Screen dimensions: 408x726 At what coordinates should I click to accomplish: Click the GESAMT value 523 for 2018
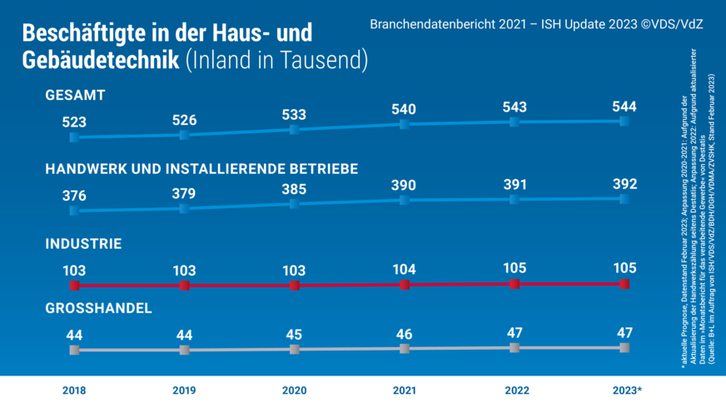[x=74, y=122]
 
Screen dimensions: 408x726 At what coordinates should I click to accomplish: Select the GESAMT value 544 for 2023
[x=624, y=107]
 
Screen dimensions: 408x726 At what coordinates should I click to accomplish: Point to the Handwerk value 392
[x=624, y=183]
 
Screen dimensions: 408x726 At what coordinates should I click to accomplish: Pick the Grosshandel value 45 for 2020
[x=294, y=335]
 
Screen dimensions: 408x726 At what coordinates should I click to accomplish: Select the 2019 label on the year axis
[x=184, y=391]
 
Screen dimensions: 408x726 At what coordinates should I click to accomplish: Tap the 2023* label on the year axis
[x=625, y=391]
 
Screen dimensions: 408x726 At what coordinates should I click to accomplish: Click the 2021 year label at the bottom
[x=404, y=391]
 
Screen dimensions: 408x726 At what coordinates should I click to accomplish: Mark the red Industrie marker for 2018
[x=74, y=286]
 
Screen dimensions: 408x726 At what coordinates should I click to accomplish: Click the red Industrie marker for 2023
[x=624, y=283]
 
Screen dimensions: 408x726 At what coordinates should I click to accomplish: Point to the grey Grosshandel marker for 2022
[x=515, y=347]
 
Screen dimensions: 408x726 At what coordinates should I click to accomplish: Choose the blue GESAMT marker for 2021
[x=404, y=124]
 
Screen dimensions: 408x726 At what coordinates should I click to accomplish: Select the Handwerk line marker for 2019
[x=184, y=207]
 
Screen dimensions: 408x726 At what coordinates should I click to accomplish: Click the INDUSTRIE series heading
[x=83, y=244]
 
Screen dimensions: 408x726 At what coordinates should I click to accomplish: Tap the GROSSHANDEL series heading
[x=98, y=308]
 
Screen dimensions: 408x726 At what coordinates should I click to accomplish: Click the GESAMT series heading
[x=75, y=96]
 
